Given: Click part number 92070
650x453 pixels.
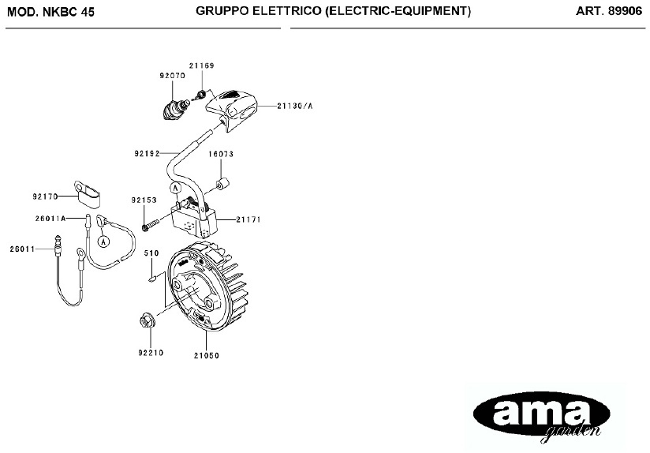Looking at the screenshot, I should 171,77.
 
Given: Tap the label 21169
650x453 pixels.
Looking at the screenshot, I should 201,66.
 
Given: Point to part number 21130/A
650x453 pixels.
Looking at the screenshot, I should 296,105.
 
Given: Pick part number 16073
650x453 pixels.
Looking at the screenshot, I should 221,155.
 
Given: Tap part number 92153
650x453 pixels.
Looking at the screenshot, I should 144,200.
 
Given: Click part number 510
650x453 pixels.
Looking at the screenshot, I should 151,253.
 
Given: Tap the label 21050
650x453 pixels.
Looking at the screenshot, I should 206,356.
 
